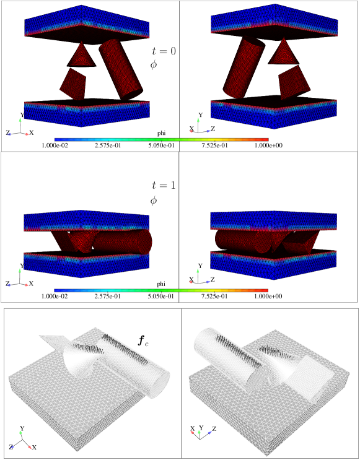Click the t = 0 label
[x=164, y=51]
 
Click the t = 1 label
[x=164, y=185]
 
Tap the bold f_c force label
[x=143, y=341]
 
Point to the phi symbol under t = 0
[x=154, y=65]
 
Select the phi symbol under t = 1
[x=154, y=201]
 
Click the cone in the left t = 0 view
[x=82, y=55]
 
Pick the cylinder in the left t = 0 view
[x=120, y=69]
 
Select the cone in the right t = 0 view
[x=283, y=52]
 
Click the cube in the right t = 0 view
[x=294, y=82]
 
